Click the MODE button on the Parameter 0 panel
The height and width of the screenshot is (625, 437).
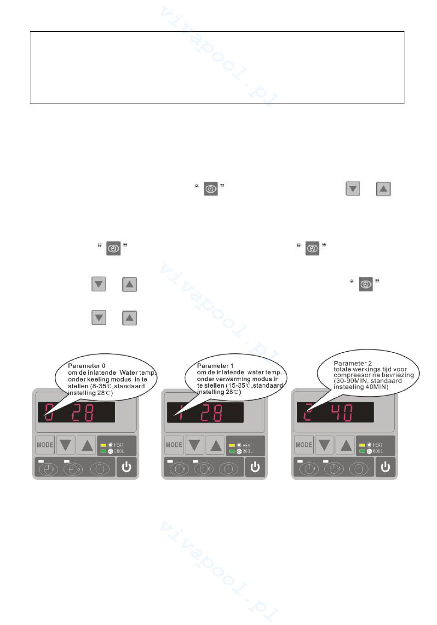[45, 445]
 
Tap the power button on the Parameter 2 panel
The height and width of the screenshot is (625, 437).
[385, 468]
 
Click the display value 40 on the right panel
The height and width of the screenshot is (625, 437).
[343, 413]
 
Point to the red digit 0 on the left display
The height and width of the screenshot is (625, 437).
[49, 413]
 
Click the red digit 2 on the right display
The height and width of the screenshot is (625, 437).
[308, 413]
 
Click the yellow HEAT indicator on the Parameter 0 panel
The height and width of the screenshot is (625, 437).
[103, 445]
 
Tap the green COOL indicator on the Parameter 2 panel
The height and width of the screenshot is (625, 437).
[362, 451]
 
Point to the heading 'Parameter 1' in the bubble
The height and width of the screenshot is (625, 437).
[215, 366]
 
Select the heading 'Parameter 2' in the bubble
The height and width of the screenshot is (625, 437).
[353, 363]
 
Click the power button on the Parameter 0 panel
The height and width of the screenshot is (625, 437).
[126, 468]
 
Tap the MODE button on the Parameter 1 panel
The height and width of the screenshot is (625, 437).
[174, 445]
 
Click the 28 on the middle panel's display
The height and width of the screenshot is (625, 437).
[212, 413]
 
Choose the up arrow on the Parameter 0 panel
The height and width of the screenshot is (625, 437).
[87, 445]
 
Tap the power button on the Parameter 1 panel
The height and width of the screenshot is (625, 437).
[255, 468]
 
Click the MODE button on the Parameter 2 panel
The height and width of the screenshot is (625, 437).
[304, 445]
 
